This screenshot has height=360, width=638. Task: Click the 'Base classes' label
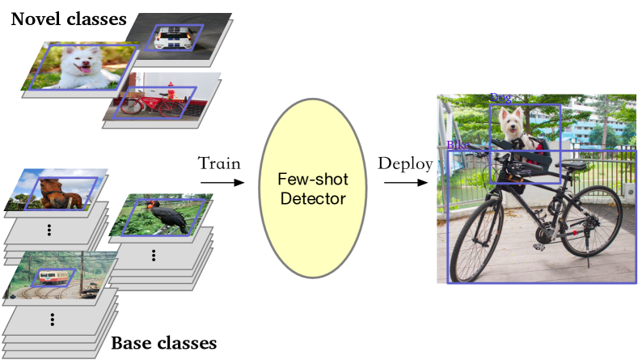(x=163, y=342)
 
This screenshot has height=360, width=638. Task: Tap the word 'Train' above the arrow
(x=219, y=163)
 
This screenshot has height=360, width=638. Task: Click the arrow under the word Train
(x=222, y=183)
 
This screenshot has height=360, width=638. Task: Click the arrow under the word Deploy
(x=406, y=183)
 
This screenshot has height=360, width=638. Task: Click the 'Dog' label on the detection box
(x=501, y=98)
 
